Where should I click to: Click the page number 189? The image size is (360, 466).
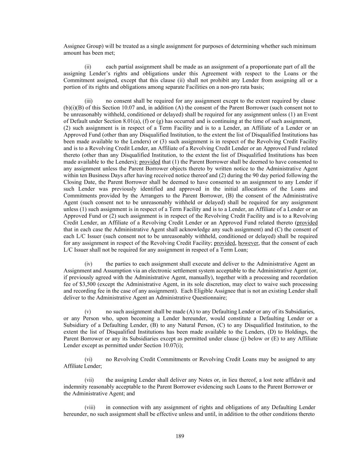(180, 436)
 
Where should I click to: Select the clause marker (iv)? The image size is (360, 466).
(88, 264)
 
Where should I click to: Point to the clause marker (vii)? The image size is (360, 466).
(89, 380)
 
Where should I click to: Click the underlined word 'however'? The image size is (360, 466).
(248, 243)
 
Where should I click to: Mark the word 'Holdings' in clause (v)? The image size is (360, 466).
(299, 332)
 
